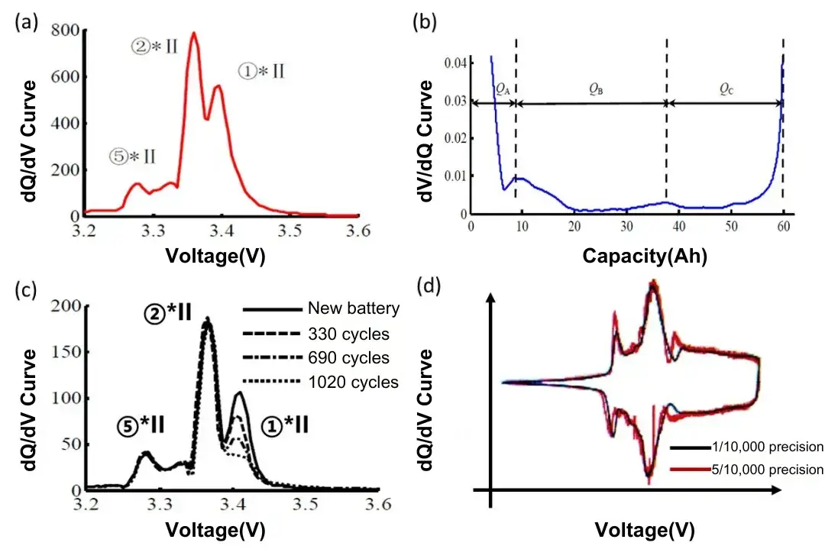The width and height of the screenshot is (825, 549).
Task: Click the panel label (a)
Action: coord(24,23)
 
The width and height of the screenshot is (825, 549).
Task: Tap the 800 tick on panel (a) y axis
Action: coord(64,31)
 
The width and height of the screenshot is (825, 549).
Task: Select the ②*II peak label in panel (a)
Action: coord(154,47)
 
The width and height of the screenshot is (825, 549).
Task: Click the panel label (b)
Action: coord(425,23)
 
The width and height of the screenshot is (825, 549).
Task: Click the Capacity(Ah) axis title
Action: coord(645,256)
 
